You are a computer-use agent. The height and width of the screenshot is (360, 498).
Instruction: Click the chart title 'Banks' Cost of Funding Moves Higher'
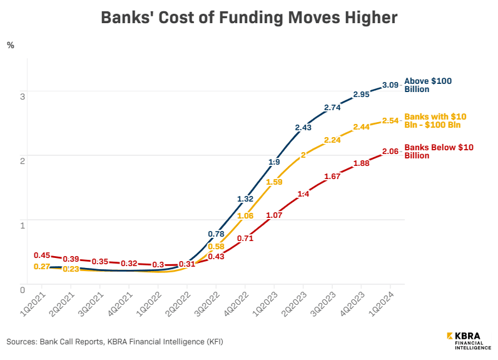[x=249, y=18]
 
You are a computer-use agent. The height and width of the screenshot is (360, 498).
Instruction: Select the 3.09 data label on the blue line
[x=390, y=85]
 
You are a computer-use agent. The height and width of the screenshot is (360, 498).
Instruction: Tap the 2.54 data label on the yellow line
[x=390, y=120]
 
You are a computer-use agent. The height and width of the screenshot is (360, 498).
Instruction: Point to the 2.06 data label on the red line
[x=390, y=152]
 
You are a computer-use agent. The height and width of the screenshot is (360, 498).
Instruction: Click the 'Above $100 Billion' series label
[x=427, y=85]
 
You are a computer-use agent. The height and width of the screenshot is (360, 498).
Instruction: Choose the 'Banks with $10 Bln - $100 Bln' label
[x=435, y=121]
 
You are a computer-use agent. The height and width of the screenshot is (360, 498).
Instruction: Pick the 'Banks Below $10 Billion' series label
[x=439, y=152]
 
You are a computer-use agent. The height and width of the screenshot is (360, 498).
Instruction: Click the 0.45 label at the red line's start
[x=42, y=255]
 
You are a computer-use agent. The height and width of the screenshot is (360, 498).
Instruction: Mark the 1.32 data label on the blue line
[x=245, y=198]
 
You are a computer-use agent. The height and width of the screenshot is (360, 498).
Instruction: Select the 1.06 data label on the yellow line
[x=245, y=215]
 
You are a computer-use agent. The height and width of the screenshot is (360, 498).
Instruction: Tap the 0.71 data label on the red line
[x=245, y=238]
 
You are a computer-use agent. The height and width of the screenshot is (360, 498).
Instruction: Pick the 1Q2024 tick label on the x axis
[x=384, y=302]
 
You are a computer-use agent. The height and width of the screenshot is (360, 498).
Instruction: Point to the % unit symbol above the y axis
[x=10, y=45]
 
